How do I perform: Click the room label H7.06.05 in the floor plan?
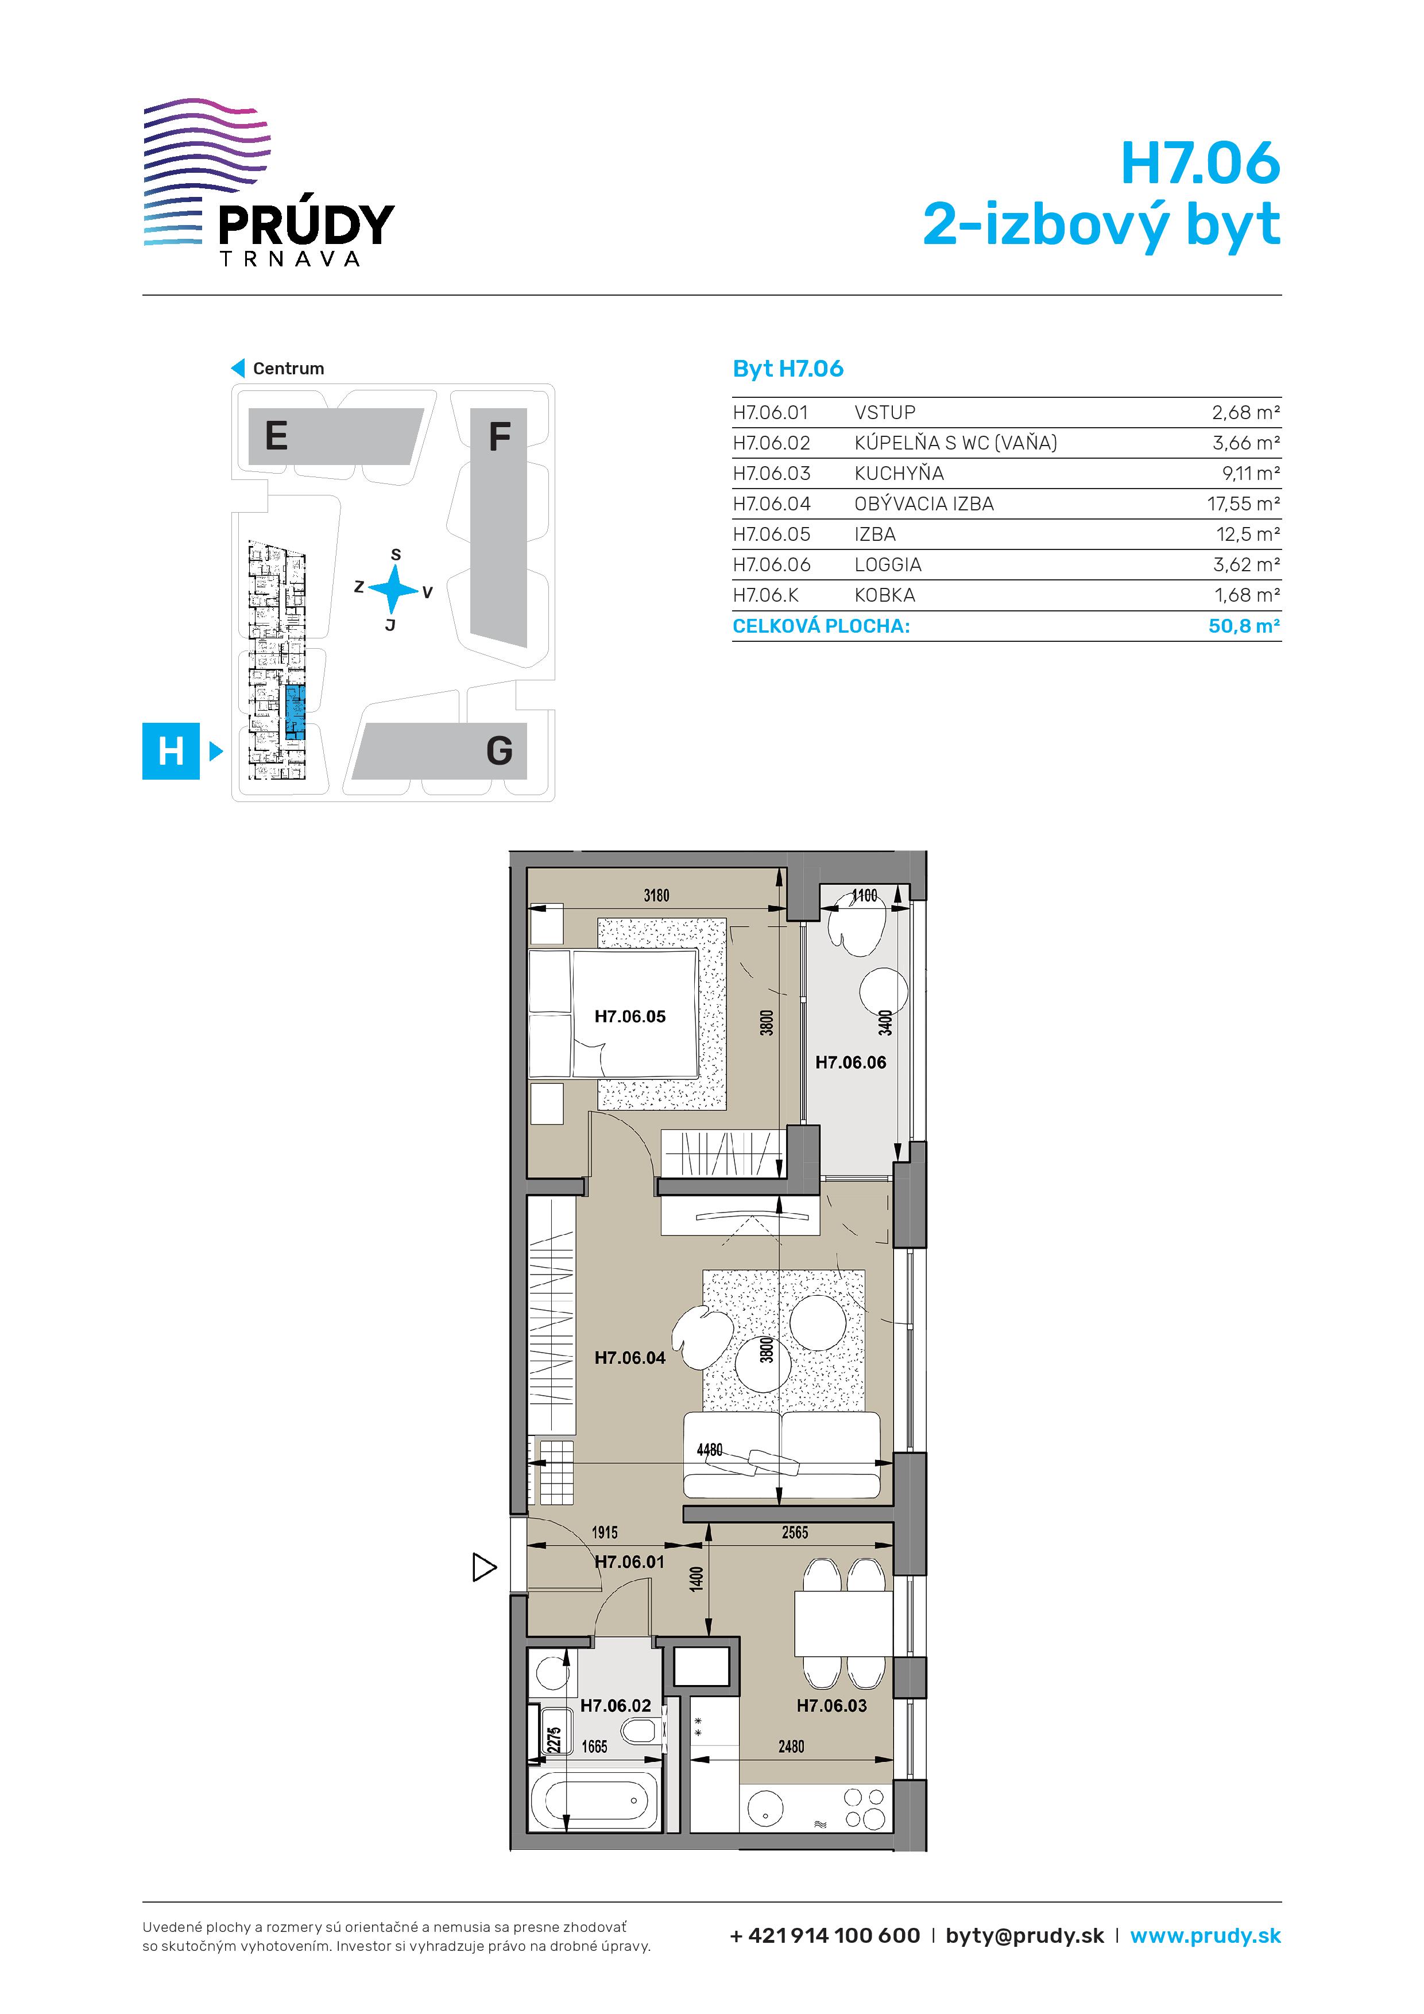pos(630,1017)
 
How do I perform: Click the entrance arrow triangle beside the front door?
pos(484,1567)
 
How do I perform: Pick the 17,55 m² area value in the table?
pos(1243,503)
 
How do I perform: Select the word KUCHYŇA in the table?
pos(899,474)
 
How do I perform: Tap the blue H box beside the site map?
pos(171,751)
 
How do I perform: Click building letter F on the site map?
pos(499,436)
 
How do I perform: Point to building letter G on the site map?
pos(499,751)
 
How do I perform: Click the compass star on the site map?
pos(394,588)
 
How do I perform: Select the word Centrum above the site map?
pos(289,369)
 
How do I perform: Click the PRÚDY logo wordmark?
pos(306,224)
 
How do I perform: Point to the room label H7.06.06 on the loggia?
pos(851,1062)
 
